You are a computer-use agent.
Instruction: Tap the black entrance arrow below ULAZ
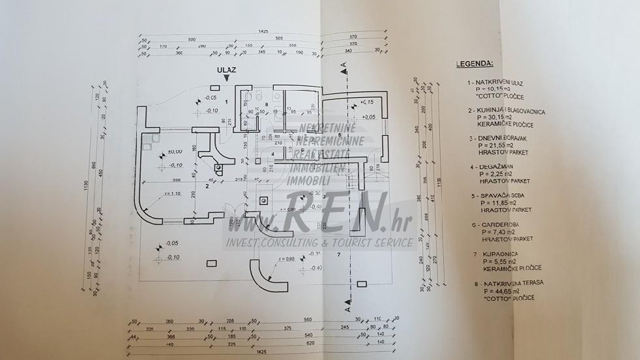pos(226,78)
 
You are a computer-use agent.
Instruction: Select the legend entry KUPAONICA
pos(497,252)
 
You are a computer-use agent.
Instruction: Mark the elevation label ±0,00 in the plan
pos(174,152)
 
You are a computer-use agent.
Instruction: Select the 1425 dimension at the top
pos(263,31)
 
